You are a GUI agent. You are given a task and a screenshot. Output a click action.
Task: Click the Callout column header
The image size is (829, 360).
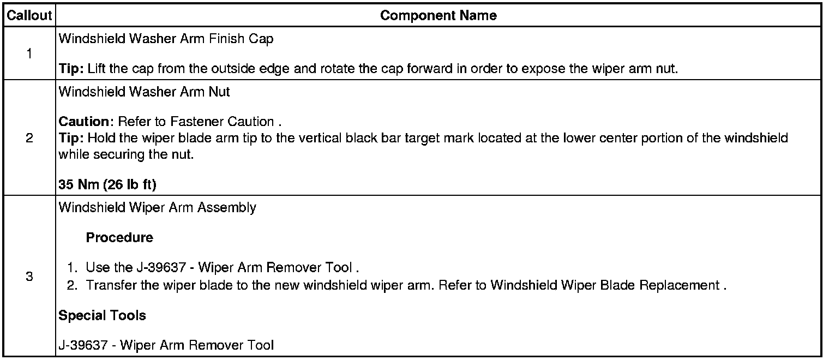[29, 16]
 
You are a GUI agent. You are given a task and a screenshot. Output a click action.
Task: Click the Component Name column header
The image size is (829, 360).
[438, 16]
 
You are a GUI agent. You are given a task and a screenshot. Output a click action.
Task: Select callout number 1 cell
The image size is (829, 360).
[29, 54]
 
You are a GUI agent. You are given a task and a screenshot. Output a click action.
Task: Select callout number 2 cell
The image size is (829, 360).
[29, 138]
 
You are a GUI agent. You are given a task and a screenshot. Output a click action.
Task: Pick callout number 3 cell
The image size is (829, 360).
[29, 277]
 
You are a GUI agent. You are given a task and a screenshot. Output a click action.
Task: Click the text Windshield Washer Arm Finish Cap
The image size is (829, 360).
[166, 39]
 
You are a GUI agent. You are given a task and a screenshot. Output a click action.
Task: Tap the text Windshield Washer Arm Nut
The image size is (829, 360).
[144, 92]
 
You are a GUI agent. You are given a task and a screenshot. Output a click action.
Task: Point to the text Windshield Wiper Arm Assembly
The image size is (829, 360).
[157, 208]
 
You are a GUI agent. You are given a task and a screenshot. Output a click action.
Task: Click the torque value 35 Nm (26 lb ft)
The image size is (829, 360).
[107, 185]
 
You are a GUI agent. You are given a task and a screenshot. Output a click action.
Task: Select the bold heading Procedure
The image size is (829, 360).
[119, 238]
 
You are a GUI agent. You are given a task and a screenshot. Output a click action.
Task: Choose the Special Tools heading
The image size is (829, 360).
[102, 316]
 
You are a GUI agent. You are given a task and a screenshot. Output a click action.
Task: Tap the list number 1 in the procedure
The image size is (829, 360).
[71, 268]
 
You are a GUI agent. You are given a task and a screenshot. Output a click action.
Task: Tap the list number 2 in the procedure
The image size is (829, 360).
[71, 285]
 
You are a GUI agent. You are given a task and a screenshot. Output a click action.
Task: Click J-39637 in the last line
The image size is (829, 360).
[84, 345]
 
